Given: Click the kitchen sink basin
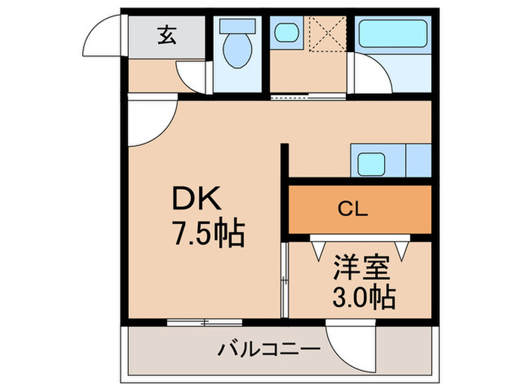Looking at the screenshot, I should pos(368,162).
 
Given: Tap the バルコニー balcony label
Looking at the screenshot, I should pos(270,349).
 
